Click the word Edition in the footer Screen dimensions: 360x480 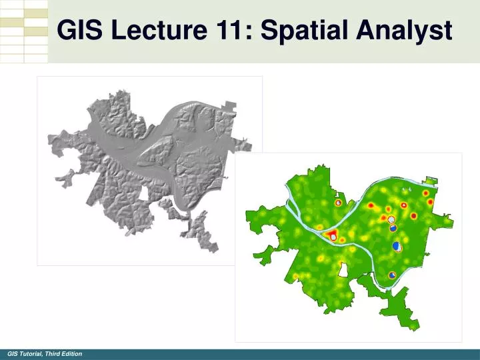pos(72,353)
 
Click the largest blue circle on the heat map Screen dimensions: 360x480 pos(397,247)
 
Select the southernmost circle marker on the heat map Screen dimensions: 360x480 pos(392,273)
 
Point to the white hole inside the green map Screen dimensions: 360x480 pos(344,270)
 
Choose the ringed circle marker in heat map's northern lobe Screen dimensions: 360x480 pos(338,202)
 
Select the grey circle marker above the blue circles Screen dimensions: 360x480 pos(392,219)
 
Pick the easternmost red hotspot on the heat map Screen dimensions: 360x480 pos(430,201)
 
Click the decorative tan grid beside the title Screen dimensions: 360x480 pos(24,30)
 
